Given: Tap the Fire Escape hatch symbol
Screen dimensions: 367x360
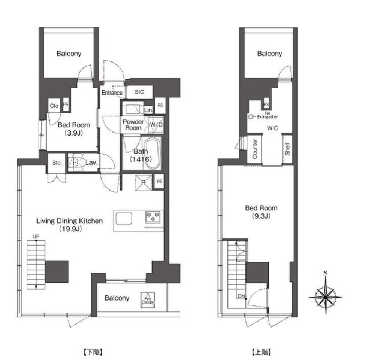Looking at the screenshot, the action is [148, 300].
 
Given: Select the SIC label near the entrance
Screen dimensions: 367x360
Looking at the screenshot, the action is [139, 92].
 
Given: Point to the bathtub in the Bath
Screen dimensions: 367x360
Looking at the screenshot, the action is [152, 153].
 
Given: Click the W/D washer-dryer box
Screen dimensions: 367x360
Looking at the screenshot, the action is [156, 125].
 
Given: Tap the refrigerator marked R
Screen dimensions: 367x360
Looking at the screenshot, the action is [144, 182].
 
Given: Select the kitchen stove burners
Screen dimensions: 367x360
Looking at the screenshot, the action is [153, 216].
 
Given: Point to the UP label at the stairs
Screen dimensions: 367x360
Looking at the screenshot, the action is [36, 237].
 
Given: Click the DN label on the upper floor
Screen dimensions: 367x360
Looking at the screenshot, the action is [241, 297].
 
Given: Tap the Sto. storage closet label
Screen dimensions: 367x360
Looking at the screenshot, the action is [57, 163].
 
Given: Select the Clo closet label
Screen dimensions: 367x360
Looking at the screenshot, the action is [54, 106].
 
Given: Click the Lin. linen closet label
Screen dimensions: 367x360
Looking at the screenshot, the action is [148, 110].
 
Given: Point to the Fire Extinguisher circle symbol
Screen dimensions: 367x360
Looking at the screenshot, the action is [251, 117].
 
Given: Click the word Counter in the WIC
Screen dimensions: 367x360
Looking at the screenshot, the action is [255, 149].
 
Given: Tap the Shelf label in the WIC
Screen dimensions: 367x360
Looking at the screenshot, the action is [287, 149].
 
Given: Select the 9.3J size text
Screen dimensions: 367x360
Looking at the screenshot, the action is [261, 216].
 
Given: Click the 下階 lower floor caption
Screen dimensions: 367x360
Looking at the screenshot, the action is [93, 352].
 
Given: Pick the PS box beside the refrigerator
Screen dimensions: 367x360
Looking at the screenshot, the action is [159, 182].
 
